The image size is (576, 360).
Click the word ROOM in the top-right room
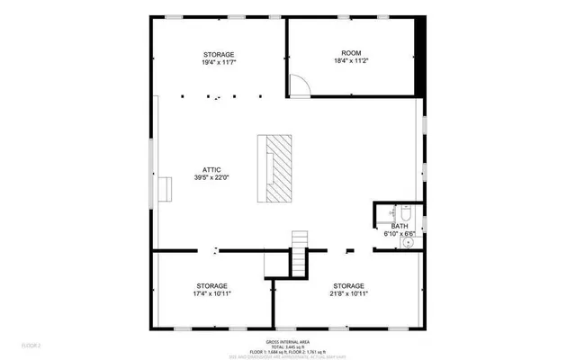[351, 53]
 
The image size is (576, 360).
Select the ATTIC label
[212, 168]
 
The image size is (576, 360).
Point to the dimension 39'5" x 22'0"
[212, 178]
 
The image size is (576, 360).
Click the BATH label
[398, 225]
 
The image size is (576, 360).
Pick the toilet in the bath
[405, 213]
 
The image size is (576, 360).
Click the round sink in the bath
[409, 241]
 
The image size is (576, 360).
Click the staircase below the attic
[300, 256]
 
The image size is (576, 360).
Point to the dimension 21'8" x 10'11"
[349, 293]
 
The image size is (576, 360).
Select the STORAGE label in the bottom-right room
[349, 284]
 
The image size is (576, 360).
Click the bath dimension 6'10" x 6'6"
[398, 233]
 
